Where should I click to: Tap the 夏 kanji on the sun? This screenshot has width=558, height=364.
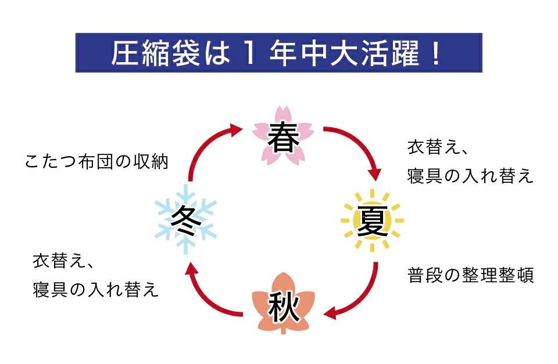click(x=372, y=221)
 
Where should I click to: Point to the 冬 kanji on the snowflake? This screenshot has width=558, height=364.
click(x=185, y=219)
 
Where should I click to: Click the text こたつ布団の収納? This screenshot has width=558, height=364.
click(x=96, y=161)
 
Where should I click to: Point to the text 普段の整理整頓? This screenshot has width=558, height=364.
click(x=470, y=275)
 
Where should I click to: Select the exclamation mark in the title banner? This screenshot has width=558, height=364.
click(x=434, y=53)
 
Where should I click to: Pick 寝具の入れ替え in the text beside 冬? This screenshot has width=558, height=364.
click(x=96, y=290)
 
